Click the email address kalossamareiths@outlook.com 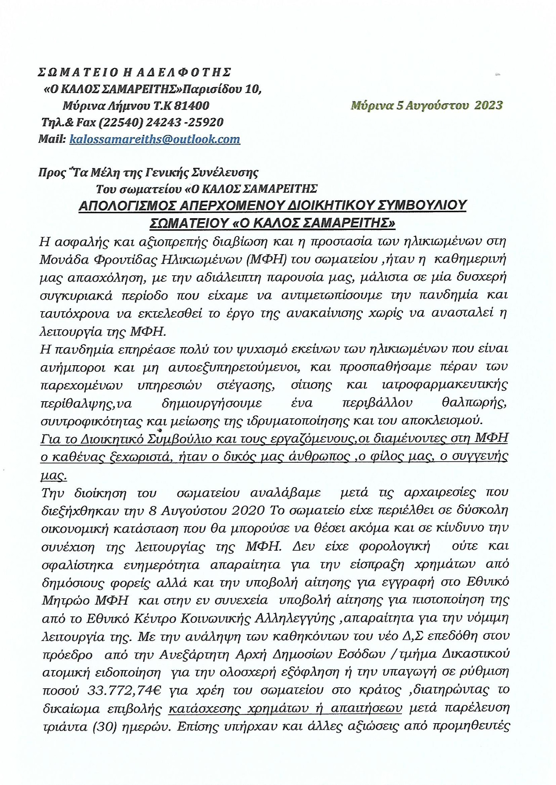[x=155, y=139]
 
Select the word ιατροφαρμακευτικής [x=444, y=385]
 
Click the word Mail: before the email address [x=52, y=139]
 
